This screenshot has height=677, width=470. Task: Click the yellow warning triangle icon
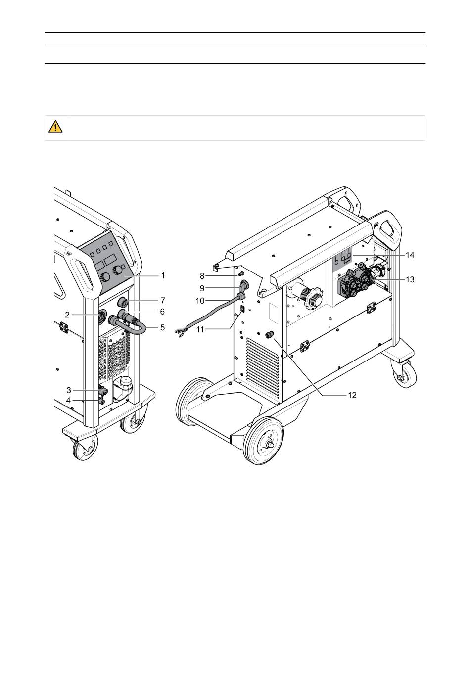55,127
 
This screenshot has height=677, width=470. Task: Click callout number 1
163,275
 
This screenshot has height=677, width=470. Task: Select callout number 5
162,327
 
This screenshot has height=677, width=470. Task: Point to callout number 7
162,300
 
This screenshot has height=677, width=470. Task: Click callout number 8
202,275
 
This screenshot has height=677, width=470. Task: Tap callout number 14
410,255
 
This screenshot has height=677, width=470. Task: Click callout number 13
410,279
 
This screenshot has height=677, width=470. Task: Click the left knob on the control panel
105,277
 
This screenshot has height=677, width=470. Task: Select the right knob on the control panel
119,270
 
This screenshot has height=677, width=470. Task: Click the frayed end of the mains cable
181,333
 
